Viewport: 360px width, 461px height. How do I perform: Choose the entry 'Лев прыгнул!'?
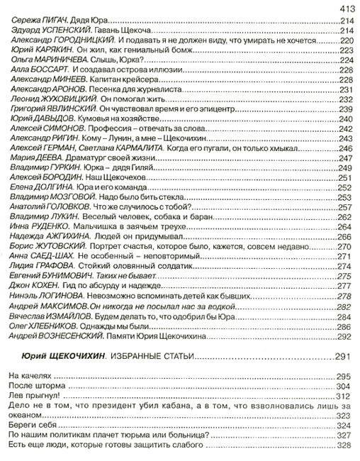pyautogui.click(x=34, y=395)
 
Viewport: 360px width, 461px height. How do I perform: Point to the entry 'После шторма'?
pyautogui.click(x=35, y=385)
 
